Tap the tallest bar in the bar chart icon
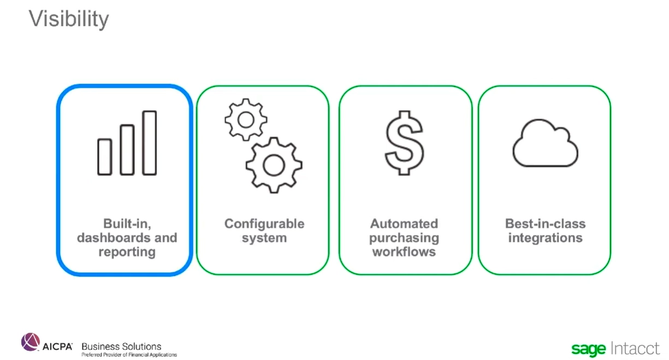click(x=149, y=143)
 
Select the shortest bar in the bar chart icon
click(x=104, y=157)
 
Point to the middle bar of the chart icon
click(x=127, y=150)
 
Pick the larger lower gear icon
click(x=274, y=165)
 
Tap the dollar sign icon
click(x=404, y=143)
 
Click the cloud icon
click(x=546, y=143)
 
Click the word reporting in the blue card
click(x=127, y=252)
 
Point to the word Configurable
click(x=264, y=224)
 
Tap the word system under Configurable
click(x=264, y=238)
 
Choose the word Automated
click(x=404, y=224)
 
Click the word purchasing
click(x=404, y=238)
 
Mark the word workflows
click(x=404, y=252)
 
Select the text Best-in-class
click(x=546, y=224)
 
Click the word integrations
click(x=546, y=238)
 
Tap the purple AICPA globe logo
click(x=31, y=342)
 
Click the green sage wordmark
click(x=589, y=349)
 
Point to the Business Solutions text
click(x=121, y=346)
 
